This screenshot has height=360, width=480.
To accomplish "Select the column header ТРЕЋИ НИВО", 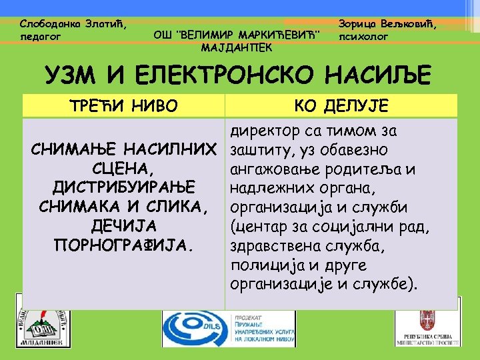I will click(124, 105).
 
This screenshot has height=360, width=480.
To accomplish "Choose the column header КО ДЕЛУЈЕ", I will click(342, 105).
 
